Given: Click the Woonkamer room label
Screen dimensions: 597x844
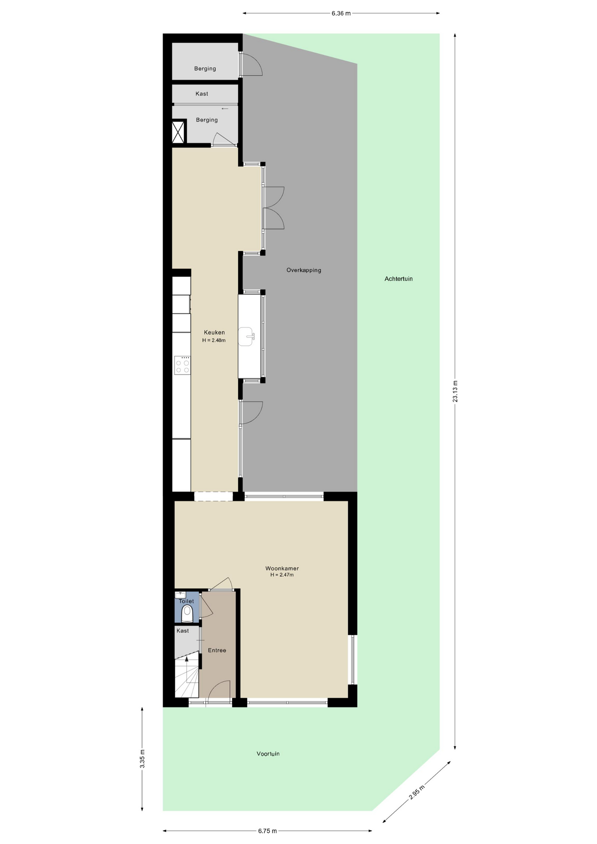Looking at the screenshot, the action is [x=282, y=568].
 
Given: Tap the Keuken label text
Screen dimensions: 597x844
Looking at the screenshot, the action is [x=214, y=332].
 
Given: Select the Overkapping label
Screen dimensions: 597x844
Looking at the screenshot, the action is [x=304, y=270].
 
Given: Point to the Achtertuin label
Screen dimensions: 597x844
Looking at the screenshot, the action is [x=398, y=279].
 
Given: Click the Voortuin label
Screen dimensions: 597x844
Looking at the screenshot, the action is [x=268, y=753].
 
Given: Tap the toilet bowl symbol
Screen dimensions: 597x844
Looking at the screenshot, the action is [x=187, y=614].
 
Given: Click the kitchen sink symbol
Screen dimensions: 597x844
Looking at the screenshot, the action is [x=247, y=337].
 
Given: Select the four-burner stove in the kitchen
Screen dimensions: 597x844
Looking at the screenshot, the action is [x=182, y=365].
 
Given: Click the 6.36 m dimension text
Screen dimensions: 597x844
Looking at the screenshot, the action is [x=341, y=13].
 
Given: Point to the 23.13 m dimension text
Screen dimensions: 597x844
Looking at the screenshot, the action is [x=455, y=391].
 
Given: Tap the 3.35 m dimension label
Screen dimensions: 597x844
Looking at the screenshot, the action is [x=142, y=759].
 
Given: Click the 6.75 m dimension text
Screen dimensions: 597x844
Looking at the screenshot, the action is [x=267, y=831].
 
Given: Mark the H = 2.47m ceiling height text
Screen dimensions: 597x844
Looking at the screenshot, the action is [x=282, y=575].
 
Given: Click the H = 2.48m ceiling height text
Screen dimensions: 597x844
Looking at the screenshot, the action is [x=214, y=340].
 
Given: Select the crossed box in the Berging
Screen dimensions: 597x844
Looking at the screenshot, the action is [x=178, y=132].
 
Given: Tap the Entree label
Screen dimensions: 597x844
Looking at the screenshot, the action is [x=217, y=650].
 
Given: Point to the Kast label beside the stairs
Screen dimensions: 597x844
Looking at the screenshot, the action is [x=182, y=631].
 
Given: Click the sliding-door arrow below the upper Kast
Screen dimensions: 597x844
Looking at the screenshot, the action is [x=225, y=109].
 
